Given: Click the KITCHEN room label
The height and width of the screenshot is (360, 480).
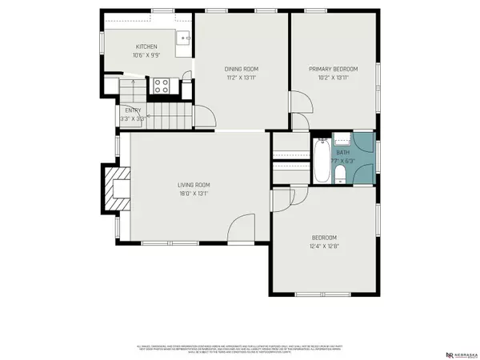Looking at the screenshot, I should click(x=146, y=46).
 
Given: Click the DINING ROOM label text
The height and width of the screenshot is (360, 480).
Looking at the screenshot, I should click(x=242, y=69).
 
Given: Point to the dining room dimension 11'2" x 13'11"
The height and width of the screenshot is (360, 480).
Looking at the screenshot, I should click(x=242, y=78).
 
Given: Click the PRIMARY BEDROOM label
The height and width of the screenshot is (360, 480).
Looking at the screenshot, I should click(x=334, y=69).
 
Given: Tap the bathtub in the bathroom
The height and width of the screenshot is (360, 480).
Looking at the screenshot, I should click(x=320, y=161).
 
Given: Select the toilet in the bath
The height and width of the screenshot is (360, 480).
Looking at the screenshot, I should click(x=340, y=174).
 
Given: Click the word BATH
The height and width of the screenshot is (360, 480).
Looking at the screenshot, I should click(x=342, y=152).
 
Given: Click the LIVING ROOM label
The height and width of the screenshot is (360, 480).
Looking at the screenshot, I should click(x=193, y=185).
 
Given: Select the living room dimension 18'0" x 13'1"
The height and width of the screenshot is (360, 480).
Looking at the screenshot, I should click(x=193, y=194).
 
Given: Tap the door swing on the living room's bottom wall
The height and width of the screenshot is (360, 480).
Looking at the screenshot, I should click(x=241, y=231).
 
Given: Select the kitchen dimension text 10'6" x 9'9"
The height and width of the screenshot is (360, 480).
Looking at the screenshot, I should click(x=146, y=56).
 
